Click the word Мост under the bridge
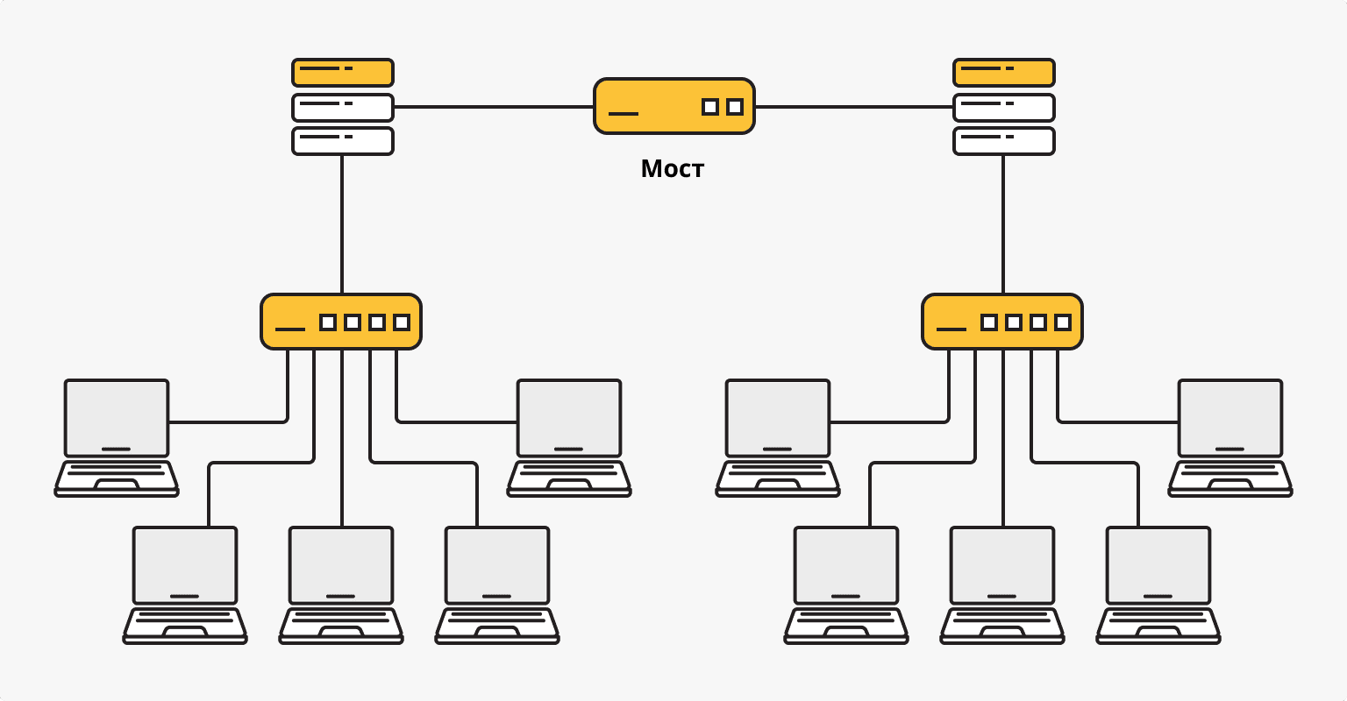(x=672, y=168)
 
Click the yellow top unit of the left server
(x=342, y=72)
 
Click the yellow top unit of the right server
(x=1003, y=72)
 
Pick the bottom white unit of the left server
(x=342, y=140)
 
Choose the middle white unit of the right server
(x=1003, y=107)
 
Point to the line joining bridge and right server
(x=852, y=107)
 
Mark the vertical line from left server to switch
(x=342, y=224)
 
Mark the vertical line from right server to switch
(x=1003, y=224)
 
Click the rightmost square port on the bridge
(x=735, y=107)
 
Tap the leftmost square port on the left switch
(x=328, y=322)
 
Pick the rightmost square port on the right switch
(x=1063, y=322)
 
